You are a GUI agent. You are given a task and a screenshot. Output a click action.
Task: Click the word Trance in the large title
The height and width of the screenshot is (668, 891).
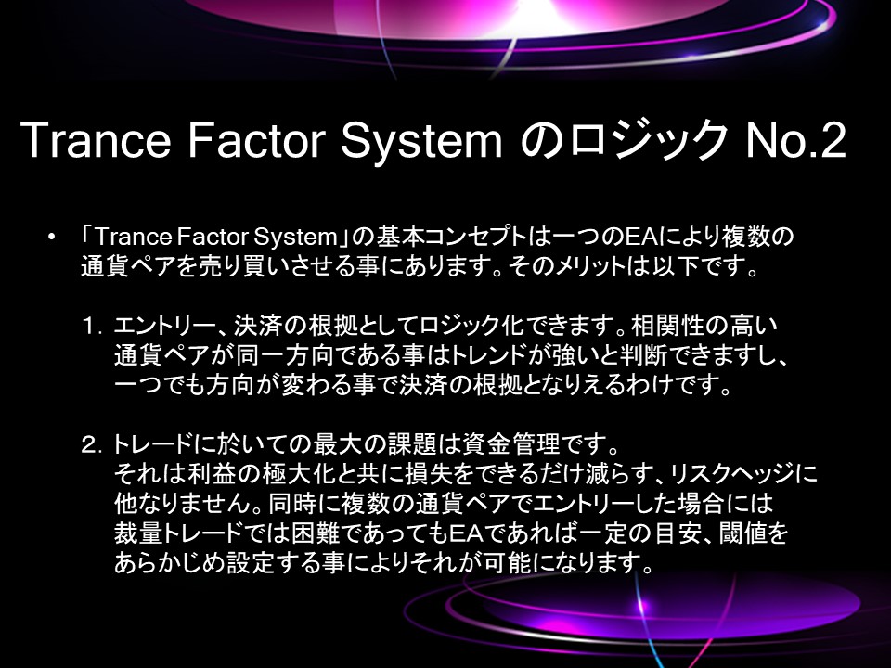[x=96, y=140]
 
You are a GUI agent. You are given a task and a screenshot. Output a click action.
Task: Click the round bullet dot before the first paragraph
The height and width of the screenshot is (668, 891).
[x=52, y=237]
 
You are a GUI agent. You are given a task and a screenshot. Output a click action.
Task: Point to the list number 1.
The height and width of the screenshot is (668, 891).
[x=92, y=327]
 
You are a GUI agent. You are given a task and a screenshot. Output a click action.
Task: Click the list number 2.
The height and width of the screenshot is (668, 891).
[x=92, y=444]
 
